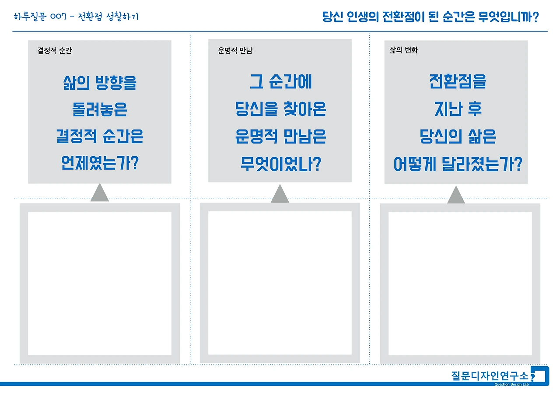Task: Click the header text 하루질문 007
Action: click(x=40, y=17)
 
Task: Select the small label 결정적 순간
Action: click(x=55, y=51)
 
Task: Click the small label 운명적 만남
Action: click(x=235, y=51)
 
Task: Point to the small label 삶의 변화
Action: click(x=404, y=50)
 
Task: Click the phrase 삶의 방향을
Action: click(x=100, y=83)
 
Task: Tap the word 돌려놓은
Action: click(x=100, y=110)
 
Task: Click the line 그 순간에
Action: click(x=280, y=82)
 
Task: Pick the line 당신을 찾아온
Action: click(x=280, y=109)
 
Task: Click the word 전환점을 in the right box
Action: click(x=458, y=82)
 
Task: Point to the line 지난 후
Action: click(x=458, y=109)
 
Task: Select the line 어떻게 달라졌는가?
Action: click(x=458, y=165)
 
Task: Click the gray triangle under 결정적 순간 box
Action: click(x=100, y=194)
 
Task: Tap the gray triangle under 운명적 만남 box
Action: click(x=280, y=195)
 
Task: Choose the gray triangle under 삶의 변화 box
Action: click(x=456, y=196)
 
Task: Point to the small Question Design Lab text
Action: click(x=511, y=384)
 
